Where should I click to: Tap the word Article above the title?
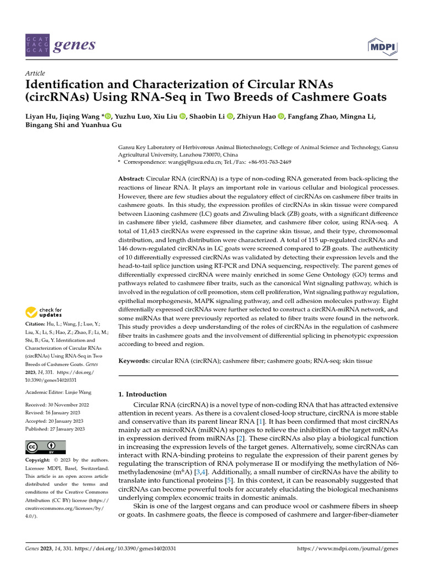click(x=35, y=73)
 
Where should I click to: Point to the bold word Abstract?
click(x=132, y=179)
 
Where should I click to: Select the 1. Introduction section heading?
click(x=143, y=395)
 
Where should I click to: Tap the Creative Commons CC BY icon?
click(x=45, y=447)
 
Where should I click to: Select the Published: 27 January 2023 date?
click(x=55, y=429)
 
